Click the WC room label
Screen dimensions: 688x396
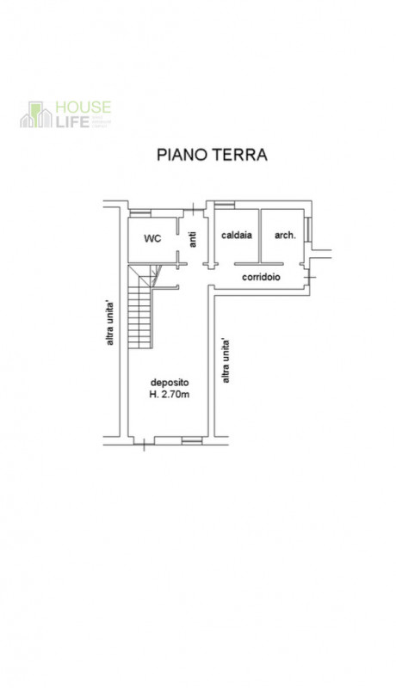(152, 237)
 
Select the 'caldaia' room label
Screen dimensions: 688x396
(236, 235)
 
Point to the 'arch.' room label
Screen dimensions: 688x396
(285, 235)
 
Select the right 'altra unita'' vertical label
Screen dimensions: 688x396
(226, 361)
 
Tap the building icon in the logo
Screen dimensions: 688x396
(36, 114)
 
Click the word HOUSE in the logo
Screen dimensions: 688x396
(83, 107)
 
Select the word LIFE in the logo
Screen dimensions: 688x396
(71, 121)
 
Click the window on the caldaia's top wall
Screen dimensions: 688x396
(225, 205)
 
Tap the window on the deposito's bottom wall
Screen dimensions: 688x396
(191, 441)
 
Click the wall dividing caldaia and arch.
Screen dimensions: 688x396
(260, 234)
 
